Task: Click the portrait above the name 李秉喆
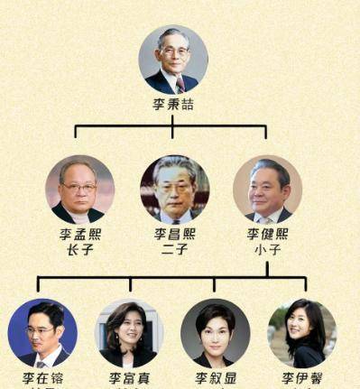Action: (172, 59)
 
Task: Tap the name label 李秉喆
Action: (172, 105)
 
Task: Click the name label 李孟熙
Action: (80, 235)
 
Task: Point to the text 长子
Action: (80, 251)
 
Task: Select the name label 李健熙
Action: (267, 235)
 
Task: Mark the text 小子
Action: (267, 251)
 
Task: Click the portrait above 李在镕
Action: (42, 332)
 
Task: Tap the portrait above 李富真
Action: (128, 332)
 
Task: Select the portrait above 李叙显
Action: (215, 332)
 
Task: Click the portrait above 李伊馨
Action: (302, 332)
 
